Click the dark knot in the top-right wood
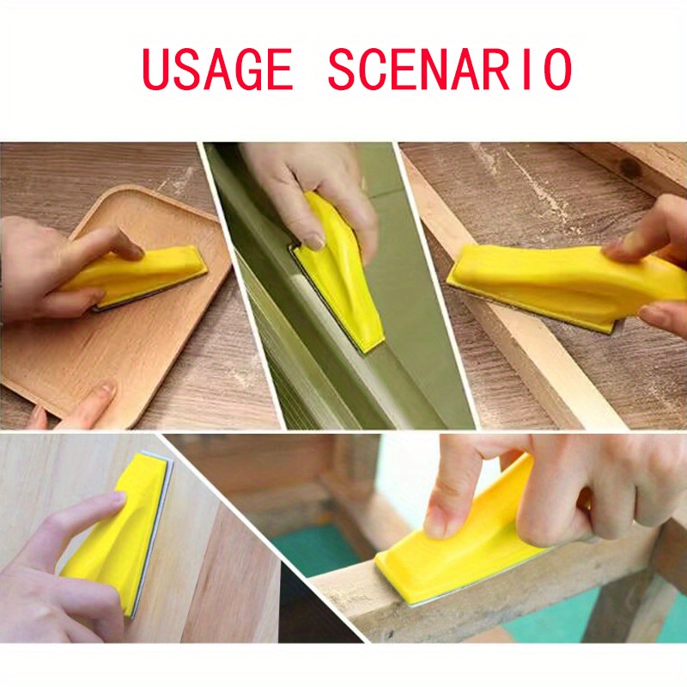point(631,168)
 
